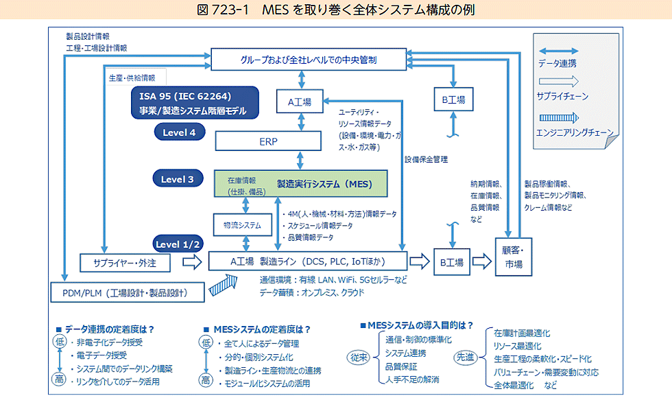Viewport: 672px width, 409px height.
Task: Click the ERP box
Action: pyautogui.click(x=268, y=141)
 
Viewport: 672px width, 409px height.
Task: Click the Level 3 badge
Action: pyautogui.click(x=178, y=179)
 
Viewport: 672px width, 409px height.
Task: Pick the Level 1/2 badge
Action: pyautogui.click(x=178, y=244)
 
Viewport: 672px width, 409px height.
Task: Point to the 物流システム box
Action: pyautogui.click(x=237, y=224)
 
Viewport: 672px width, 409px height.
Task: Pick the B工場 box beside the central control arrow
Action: pyautogui.click(x=453, y=100)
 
